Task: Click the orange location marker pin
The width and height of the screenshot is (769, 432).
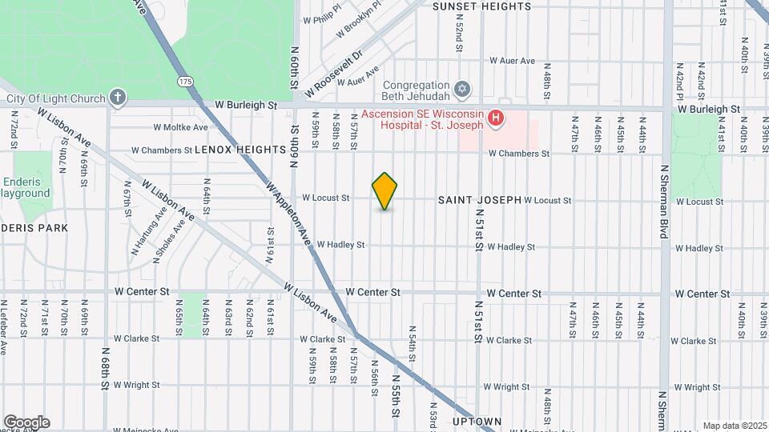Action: click(385, 191)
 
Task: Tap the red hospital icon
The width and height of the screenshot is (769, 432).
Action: click(496, 118)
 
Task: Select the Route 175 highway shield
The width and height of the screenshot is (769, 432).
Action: click(186, 82)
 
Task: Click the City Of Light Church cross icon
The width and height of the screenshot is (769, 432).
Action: click(118, 98)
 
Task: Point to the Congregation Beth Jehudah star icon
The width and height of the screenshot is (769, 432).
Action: click(461, 87)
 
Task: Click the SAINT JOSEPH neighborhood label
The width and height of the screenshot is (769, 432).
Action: click(480, 199)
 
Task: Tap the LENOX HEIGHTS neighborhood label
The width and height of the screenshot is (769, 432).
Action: click(240, 150)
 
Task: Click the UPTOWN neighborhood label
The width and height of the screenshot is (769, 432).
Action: click(477, 421)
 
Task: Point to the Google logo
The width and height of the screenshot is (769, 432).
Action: click(26, 422)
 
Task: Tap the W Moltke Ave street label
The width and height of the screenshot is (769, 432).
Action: click(179, 127)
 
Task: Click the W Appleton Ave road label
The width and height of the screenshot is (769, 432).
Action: click(288, 212)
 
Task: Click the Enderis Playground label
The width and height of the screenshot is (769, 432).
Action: click(24, 187)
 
